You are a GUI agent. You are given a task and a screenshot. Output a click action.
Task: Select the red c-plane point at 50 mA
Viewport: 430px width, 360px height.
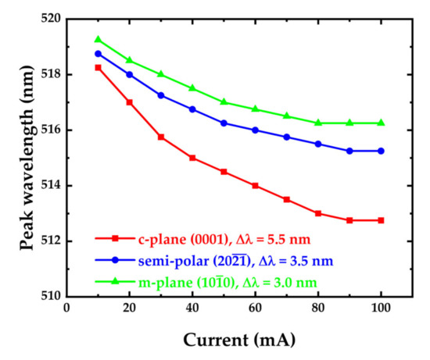coord(224,172)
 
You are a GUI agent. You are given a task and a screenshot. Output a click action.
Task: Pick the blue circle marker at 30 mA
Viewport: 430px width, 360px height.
coord(161,95)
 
